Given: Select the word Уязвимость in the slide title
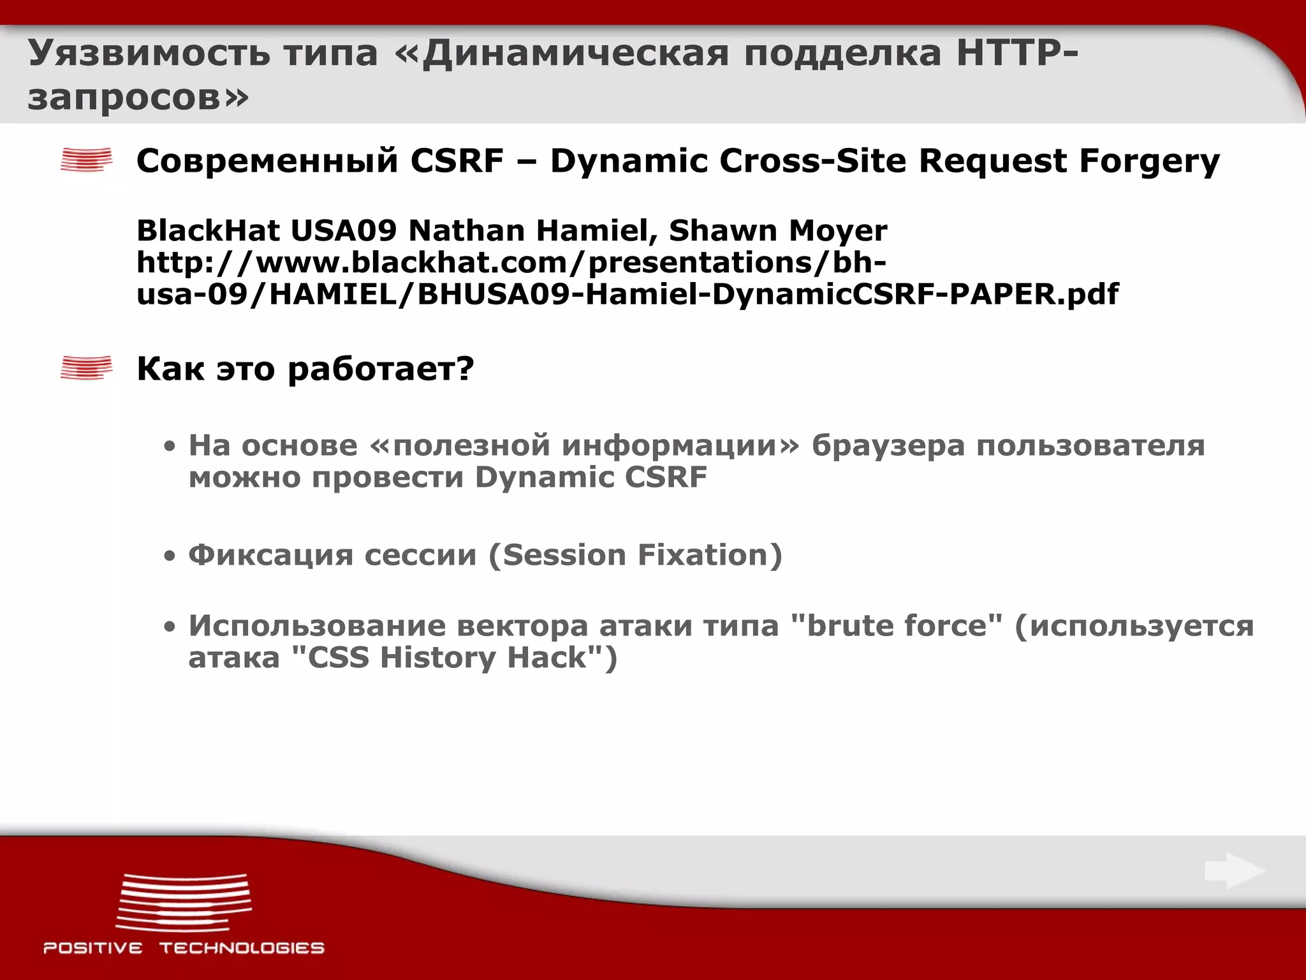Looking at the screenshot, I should point(149,53).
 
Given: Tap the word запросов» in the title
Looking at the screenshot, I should point(138,98).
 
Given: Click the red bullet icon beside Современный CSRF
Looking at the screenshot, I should point(86,160).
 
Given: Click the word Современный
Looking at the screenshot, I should point(267,160).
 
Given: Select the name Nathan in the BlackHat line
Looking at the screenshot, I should point(466,230).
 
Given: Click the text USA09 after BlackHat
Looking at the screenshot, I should point(344,230).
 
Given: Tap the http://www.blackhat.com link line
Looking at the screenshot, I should point(511,262).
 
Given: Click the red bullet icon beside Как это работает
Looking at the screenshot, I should point(86,368).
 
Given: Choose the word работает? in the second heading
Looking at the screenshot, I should point(381,369).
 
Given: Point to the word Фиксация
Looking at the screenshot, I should point(270,554).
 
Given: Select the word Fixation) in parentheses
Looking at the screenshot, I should point(710,554).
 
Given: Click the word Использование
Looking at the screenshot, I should point(317,625).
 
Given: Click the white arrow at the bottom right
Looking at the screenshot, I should point(1234,872).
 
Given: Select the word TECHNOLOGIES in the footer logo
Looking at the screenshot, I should point(242,948).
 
